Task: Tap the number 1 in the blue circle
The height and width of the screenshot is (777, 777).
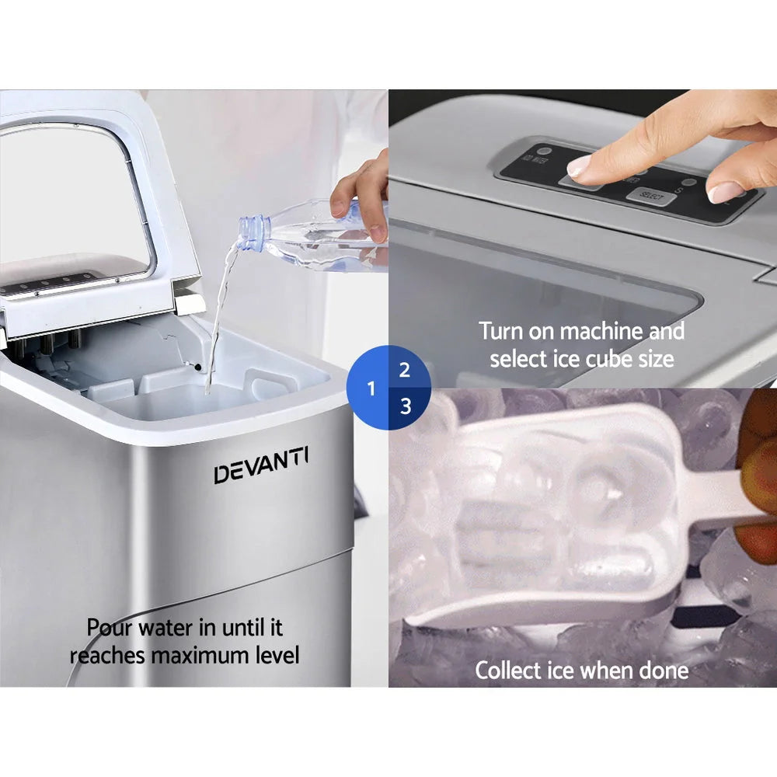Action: [x=371, y=388]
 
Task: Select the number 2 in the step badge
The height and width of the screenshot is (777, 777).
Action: [x=404, y=370]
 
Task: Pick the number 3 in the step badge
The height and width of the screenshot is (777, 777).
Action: [x=405, y=406]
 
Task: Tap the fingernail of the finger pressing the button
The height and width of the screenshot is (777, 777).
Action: [x=580, y=165]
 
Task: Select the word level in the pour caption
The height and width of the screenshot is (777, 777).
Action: [x=277, y=655]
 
